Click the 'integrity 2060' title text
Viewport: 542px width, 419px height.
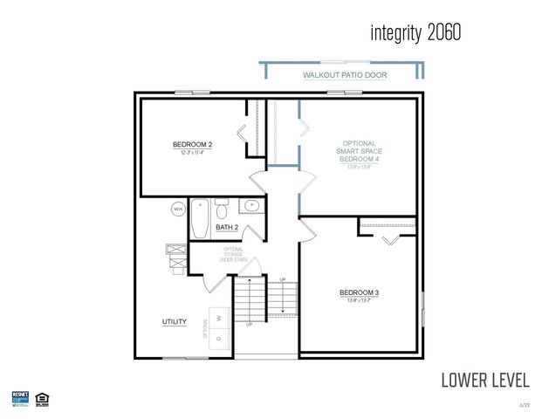415,33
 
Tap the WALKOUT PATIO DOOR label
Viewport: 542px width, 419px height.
345,76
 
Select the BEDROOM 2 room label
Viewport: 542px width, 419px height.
193,144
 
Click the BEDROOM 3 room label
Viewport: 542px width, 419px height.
359,292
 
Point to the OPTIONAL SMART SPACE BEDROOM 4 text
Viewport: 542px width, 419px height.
359,151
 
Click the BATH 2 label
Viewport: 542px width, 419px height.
227,228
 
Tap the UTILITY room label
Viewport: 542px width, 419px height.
175,322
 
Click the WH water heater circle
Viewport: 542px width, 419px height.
177,209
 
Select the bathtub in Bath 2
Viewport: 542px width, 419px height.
200,219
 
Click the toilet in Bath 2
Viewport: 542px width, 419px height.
222,210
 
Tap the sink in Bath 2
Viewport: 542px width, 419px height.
251,206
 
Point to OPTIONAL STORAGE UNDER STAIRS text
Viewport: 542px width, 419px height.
234,255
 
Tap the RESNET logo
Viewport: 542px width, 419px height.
20,399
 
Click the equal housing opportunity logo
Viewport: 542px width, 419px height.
41,399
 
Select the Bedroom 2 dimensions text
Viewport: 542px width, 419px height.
193,153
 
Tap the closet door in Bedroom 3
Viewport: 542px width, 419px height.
389,235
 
